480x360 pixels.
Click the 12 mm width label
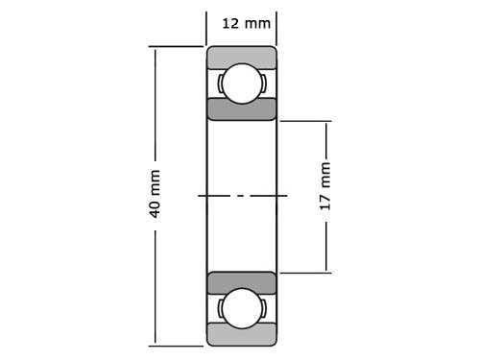tap(246, 22)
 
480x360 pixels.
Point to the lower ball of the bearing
tap(242, 308)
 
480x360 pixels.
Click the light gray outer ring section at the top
tap(242, 56)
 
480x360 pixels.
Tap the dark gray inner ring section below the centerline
tap(242, 282)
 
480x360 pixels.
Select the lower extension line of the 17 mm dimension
tap(305, 273)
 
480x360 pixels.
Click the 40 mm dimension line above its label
tap(155, 106)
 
